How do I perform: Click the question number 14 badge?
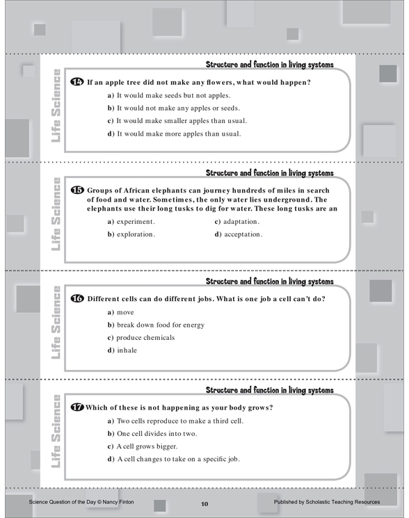click(x=77, y=81)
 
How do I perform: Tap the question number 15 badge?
click(x=77, y=190)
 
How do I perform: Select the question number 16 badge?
click(x=77, y=298)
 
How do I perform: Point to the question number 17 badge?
click(x=77, y=407)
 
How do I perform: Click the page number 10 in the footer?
click(x=205, y=504)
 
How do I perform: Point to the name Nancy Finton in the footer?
click(x=118, y=502)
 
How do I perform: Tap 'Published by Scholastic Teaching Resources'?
click(x=327, y=502)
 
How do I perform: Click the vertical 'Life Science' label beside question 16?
click(x=56, y=323)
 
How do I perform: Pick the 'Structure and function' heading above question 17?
click(x=270, y=390)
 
